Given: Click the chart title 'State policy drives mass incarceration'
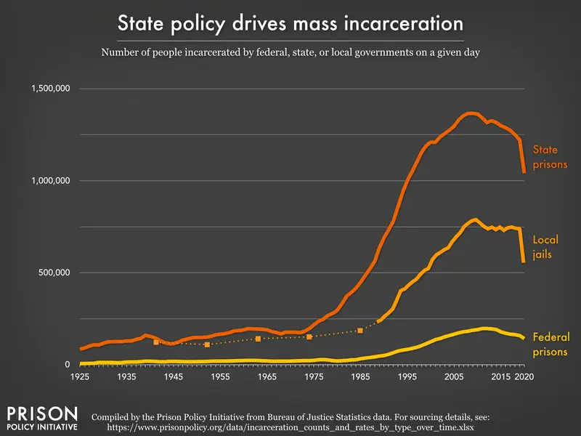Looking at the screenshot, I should point(290,23).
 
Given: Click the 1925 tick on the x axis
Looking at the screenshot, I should point(80,378).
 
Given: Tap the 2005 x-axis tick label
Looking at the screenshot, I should point(454,378).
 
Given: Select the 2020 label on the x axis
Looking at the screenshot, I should point(524,378).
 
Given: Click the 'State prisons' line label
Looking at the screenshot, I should point(550,157).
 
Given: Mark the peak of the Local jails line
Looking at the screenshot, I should point(475,219).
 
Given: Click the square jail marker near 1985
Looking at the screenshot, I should point(360,331).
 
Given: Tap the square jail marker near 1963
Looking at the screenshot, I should point(258,339).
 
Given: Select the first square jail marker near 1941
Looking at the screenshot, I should point(155,342).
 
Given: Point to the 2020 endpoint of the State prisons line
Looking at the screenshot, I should point(524,171).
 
